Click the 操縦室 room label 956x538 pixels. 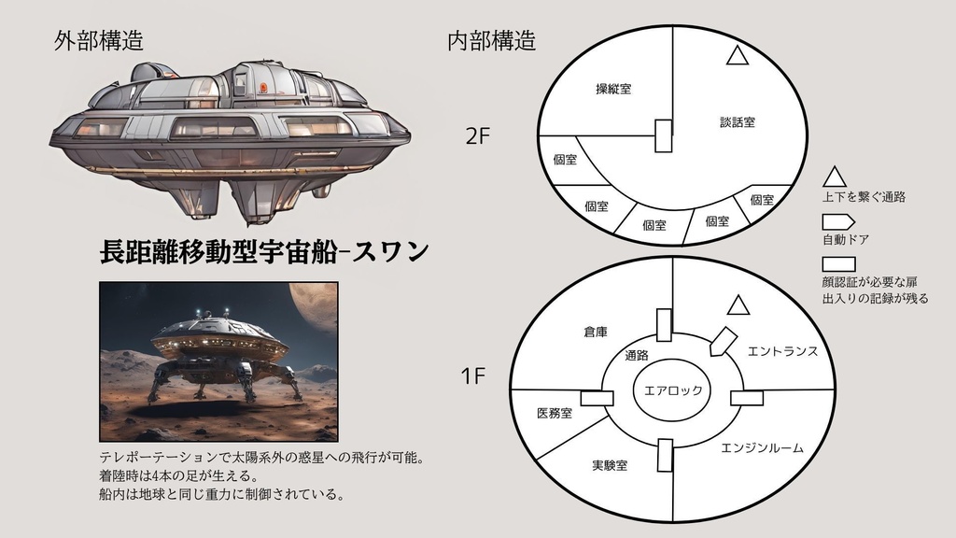tap(613, 90)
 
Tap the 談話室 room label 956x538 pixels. tap(738, 122)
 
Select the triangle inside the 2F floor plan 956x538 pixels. tap(738, 56)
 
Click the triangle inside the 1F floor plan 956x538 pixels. tap(738, 305)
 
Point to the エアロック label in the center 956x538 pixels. tap(671, 390)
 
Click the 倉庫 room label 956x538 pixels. tap(596, 332)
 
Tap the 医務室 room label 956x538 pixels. tap(555, 413)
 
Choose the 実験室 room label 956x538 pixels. tap(609, 465)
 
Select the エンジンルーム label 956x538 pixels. tap(763, 448)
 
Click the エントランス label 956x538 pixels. tap(782, 351)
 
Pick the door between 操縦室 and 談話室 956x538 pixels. tap(664, 135)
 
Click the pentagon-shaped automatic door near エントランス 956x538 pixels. tap(720, 341)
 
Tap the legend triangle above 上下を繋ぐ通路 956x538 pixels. tap(834, 176)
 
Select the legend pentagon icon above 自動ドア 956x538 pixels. tap(837, 222)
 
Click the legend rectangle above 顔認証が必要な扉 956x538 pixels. tap(837, 265)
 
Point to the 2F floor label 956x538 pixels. tap(477, 136)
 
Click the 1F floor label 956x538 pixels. tap(473, 377)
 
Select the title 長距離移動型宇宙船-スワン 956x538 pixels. tap(264, 251)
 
